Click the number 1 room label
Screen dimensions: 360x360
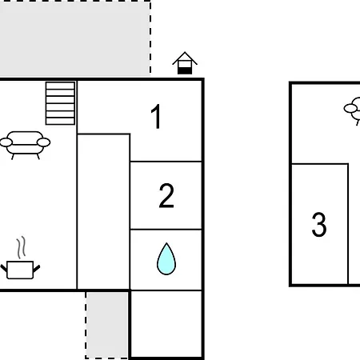click(156, 116)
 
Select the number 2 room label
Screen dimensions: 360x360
click(166, 195)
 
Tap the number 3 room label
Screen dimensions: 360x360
click(319, 224)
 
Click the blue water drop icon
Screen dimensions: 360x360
click(166, 258)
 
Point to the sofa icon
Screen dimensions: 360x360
click(25, 145)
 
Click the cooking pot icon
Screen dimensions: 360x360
click(20, 270)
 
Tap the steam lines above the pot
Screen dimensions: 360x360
click(22, 247)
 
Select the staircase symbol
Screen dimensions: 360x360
click(60, 103)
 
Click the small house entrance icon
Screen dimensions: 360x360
click(185, 63)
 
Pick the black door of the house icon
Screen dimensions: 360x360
click(185, 70)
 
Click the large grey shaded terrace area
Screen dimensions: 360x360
click(74, 38)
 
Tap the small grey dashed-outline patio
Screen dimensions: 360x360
click(107, 325)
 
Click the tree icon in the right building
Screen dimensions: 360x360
click(354, 110)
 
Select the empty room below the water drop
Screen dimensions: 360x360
click(166, 324)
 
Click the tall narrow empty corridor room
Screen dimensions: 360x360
click(103, 211)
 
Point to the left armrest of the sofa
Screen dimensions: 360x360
click(6, 142)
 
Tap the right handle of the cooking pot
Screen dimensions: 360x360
click(36, 269)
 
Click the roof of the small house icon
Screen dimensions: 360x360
click(185, 58)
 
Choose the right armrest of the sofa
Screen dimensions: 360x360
click(44, 142)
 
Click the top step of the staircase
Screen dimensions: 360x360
click(60, 86)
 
